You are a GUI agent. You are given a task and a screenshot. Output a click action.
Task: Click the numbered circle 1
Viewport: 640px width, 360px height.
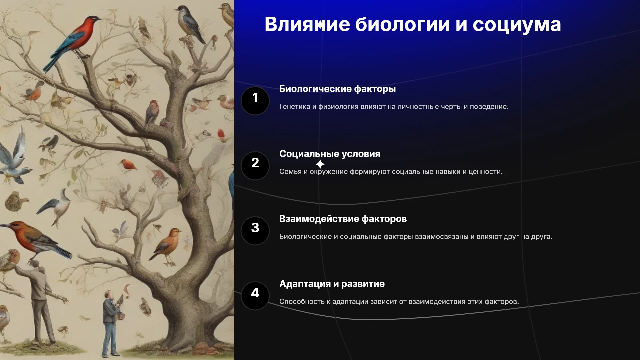[x=255, y=101]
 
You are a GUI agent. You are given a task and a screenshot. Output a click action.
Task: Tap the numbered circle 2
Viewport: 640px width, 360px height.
[x=255, y=166]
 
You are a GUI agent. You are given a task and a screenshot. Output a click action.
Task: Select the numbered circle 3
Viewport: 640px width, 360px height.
[x=255, y=231]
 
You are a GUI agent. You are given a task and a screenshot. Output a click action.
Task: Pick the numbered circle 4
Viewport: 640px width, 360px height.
[x=255, y=296]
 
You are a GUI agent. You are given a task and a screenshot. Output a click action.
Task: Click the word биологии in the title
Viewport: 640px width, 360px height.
[x=402, y=24]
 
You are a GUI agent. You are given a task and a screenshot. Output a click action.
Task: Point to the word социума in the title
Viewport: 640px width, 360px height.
[x=517, y=25]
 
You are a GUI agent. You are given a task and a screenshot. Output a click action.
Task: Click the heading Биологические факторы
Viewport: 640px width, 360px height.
[x=337, y=89]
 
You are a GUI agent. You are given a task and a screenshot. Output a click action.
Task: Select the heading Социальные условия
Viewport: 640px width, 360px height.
[x=330, y=154]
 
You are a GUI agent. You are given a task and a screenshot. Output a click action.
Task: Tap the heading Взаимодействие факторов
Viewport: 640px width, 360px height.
[x=343, y=219]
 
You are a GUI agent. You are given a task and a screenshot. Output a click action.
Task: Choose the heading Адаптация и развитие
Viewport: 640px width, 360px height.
[x=332, y=284]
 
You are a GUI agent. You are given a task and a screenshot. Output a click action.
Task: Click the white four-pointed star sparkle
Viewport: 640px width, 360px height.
[x=320, y=164]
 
